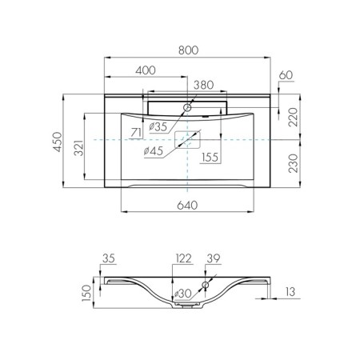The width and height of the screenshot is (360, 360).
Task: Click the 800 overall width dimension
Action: point(189,50)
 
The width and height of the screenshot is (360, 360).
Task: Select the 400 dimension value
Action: point(146,70)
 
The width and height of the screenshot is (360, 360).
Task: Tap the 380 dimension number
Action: point(203,85)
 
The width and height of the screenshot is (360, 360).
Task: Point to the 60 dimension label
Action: point(286,75)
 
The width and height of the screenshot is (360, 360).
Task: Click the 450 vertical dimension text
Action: point(58,142)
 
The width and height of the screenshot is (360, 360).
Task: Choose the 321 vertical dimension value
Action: point(79,147)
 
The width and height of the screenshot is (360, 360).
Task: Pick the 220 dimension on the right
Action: point(294,117)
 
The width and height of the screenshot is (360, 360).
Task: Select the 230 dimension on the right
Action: point(294,163)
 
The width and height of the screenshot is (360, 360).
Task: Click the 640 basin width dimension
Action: point(187,206)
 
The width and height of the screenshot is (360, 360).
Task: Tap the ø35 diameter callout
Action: point(158,126)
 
